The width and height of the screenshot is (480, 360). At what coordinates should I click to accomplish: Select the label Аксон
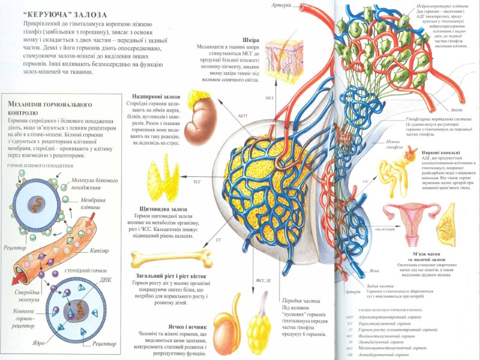point(456,110)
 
